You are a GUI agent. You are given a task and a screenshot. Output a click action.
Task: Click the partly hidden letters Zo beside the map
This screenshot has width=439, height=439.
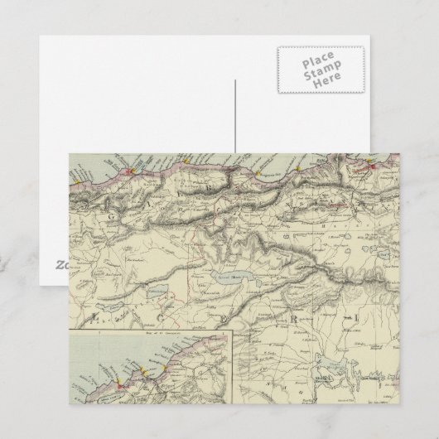63,266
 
